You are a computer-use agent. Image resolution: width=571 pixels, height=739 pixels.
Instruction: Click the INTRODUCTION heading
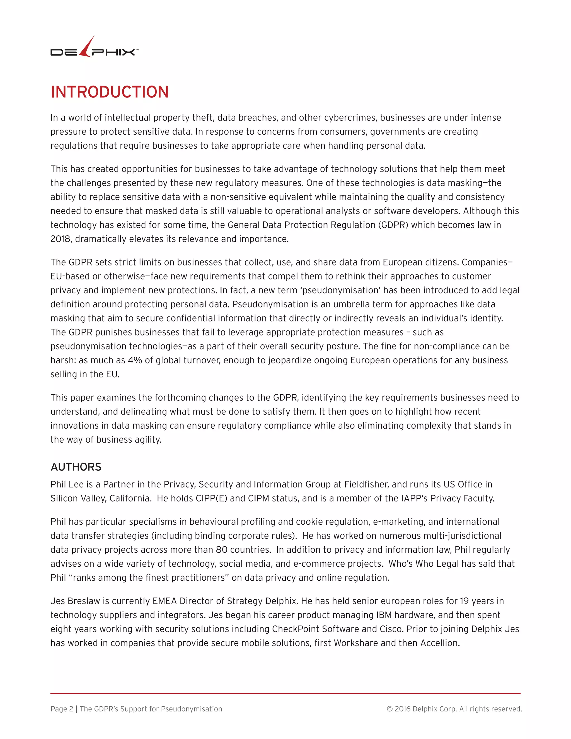(110, 92)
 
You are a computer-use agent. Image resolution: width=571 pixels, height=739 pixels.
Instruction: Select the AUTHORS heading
(76, 467)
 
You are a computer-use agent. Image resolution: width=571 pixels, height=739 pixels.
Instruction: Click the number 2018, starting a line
(60, 239)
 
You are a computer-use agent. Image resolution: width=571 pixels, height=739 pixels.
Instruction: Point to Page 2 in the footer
(62, 709)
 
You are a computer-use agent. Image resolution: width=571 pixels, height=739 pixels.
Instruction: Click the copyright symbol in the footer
(390, 709)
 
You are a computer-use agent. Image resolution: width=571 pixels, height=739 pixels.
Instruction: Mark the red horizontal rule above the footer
(285, 693)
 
